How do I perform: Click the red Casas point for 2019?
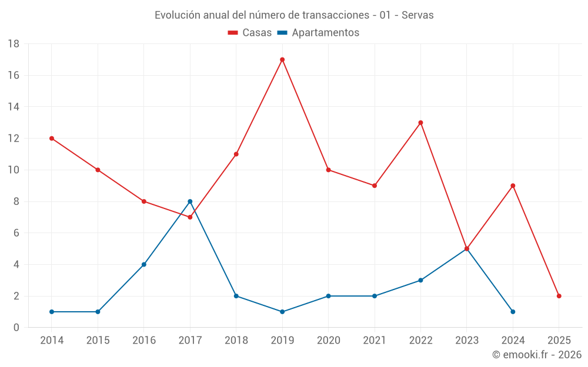282,59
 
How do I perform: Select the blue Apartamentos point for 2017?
190,201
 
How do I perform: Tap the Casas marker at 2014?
52,139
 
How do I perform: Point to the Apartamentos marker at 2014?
52,312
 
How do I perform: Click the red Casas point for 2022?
420,123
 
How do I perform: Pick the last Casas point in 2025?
559,296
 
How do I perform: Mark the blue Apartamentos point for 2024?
513,312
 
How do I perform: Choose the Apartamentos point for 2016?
144,264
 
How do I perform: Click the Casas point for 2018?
236,154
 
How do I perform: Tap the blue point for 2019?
282,312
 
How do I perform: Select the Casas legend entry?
250,33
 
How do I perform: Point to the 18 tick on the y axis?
14,44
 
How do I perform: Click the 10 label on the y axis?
14,170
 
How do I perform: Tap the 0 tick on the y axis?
16,328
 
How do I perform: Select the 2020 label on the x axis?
328,341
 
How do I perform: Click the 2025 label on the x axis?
559,341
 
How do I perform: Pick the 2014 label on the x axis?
52,341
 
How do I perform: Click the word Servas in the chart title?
417,15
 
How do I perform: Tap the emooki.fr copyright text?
536,355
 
